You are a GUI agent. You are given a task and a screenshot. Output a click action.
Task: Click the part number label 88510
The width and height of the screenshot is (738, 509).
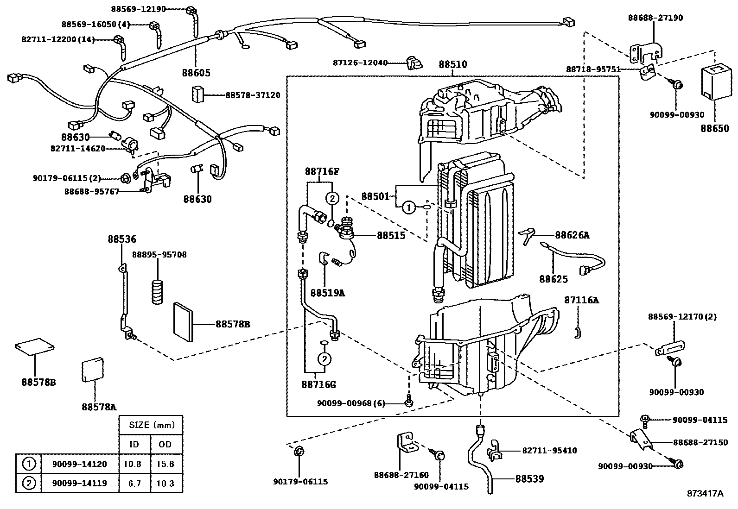pyautogui.click(x=452, y=64)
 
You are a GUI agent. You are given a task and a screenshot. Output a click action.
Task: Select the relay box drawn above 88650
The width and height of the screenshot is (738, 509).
pyautogui.click(x=714, y=82)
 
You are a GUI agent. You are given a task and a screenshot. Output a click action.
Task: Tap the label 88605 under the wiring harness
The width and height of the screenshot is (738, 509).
pyautogui.click(x=196, y=73)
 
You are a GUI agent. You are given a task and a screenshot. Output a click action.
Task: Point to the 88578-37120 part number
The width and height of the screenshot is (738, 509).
pyautogui.click(x=253, y=95)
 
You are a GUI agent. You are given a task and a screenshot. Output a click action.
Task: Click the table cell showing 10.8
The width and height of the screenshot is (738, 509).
pyautogui.click(x=134, y=464)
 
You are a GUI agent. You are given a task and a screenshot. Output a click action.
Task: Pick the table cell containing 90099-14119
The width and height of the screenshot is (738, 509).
pyautogui.click(x=79, y=484)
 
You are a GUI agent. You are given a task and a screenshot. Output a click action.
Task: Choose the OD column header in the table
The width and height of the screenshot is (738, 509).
pyautogui.click(x=165, y=445)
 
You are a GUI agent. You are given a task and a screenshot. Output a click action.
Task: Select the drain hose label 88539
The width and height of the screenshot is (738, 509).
pyautogui.click(x=529, y=479)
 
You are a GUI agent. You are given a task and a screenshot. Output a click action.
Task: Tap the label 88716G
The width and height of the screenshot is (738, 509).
pyautogui.click(x=318, y=384)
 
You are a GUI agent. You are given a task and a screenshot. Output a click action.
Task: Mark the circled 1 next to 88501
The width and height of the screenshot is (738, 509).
pyautogui.click(x=408, y=208)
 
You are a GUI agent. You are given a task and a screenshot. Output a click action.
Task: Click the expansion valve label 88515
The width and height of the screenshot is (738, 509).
pyautogui.click(x=391, y=235)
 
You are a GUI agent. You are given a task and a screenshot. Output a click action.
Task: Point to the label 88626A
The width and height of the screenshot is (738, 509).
pyautogui.click(x=572, y=235)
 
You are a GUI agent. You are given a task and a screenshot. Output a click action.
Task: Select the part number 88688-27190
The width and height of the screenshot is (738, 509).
pyautogui.click(x=655, y=18)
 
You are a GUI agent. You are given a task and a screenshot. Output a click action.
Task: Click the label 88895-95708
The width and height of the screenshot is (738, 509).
pyautogui.click(x=159, y=255)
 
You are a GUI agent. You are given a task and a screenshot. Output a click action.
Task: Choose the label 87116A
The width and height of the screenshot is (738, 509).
pyautogui.click(x=581, y=300)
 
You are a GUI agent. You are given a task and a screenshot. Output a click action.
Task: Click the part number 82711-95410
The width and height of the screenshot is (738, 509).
pyautogui.click(x=549, y=450)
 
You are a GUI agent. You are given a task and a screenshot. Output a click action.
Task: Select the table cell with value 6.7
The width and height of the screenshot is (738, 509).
pyautogui.click(x=134, y=484)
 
